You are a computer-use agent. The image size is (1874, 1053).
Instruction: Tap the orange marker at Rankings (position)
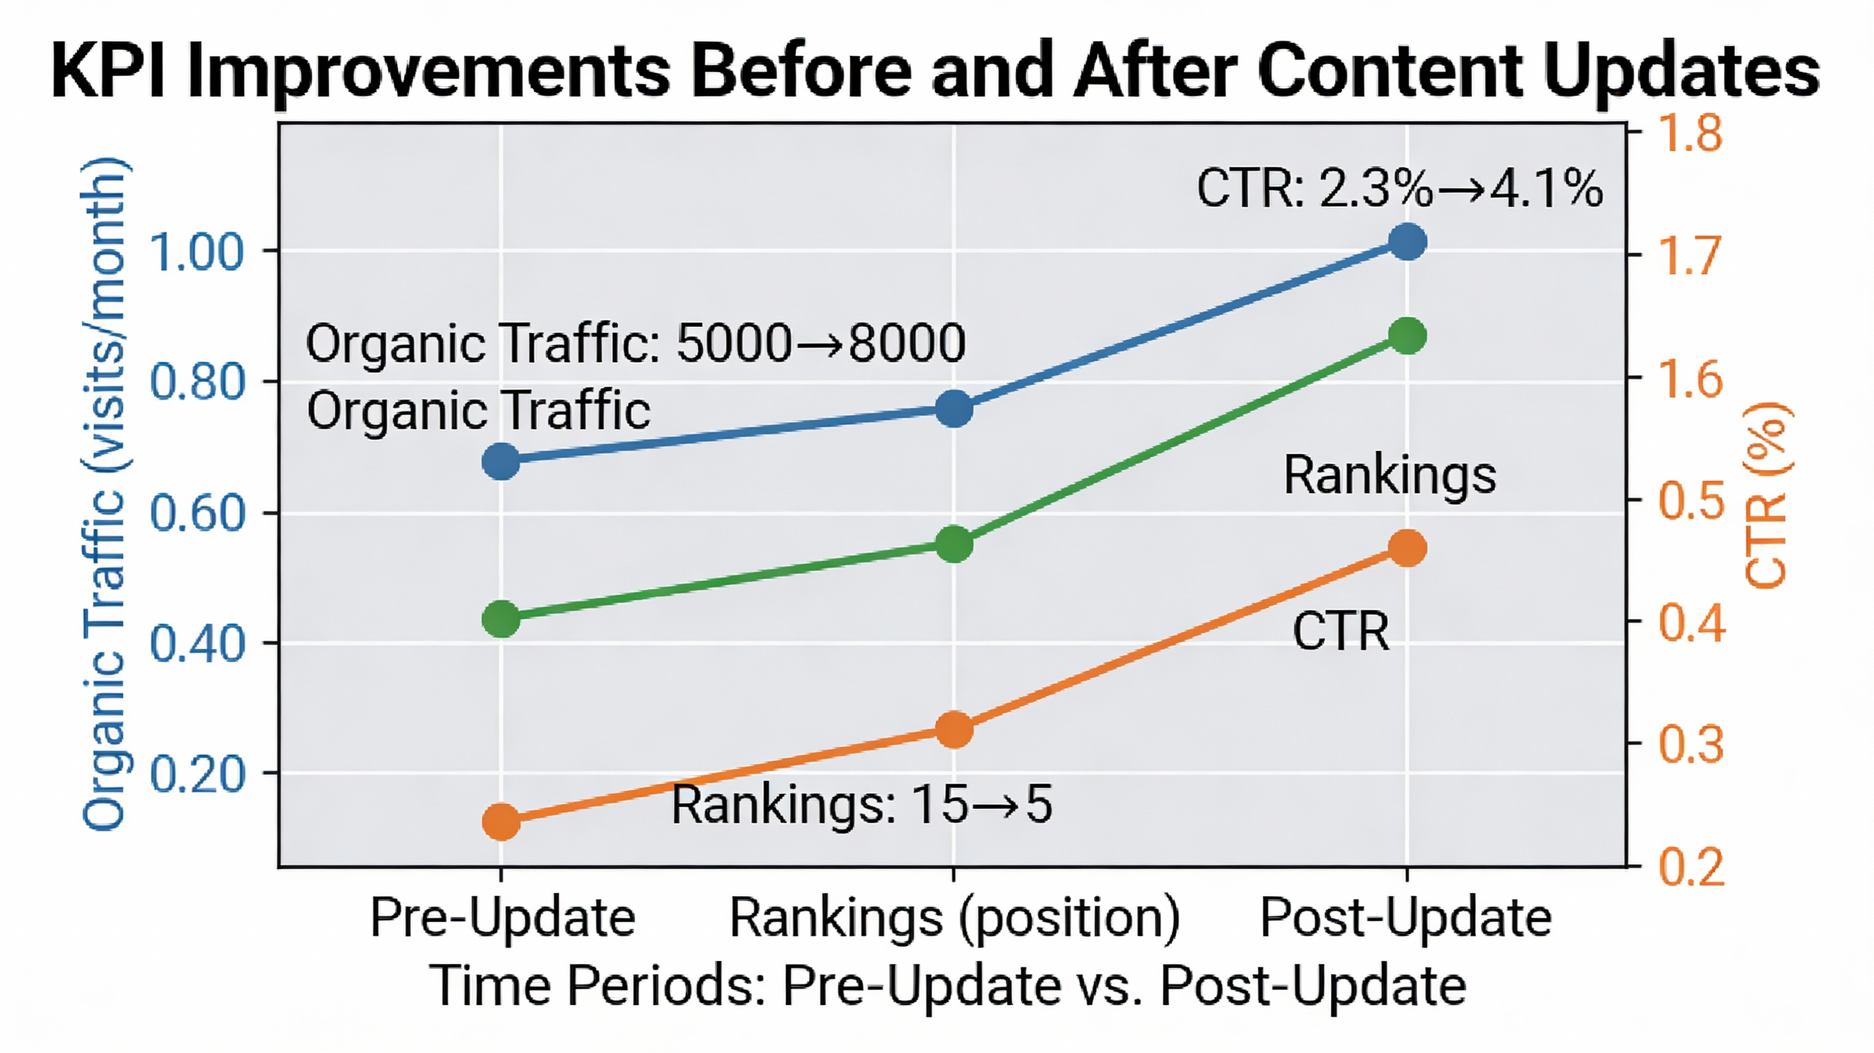[x=953, y=729]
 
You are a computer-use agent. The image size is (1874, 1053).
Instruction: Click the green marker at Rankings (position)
[x=953, y=544]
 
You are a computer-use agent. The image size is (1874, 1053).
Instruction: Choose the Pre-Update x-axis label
[x=503, y=917]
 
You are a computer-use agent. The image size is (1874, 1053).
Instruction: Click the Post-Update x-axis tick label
[x=1405, y=917]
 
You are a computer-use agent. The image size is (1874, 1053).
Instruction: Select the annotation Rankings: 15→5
[x=861, y=805]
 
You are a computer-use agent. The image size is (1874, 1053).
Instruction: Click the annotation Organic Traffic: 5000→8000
[x=635, y=343]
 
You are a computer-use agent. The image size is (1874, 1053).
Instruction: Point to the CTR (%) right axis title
[x=1766, y=495]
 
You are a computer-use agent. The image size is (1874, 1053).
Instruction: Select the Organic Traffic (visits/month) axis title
[x=105, y=495]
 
